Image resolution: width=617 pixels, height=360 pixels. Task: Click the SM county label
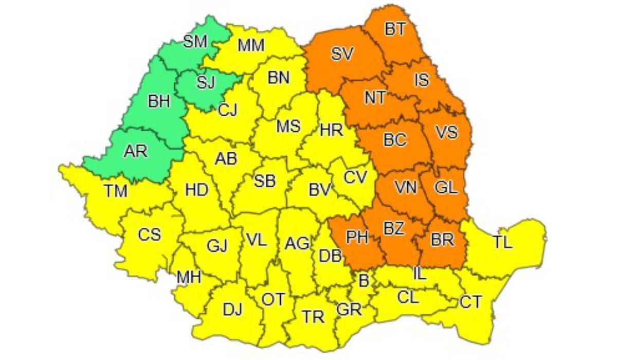pos(195,42)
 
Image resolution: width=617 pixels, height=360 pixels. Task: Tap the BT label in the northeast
pos(395,29)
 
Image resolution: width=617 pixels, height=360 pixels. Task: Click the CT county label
pos(471,302)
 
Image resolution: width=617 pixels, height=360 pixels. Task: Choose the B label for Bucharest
pos(364,281)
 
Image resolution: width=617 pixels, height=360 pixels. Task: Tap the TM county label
pos(116,192)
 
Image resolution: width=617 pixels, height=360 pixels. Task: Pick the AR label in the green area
pos(135,151)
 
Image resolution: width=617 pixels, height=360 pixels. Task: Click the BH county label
pos(158,102)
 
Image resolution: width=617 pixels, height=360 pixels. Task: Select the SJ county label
pos(206,82)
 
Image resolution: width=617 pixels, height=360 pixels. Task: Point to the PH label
pos(357,237)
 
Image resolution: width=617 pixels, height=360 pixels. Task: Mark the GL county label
pos(446,188)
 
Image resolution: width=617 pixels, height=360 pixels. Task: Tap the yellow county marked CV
pos(355,177)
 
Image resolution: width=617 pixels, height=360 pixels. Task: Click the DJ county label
pos(232,310)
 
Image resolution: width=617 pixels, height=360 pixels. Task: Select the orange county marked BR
pos(442,239)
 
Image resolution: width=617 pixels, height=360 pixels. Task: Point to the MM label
pos(251,46)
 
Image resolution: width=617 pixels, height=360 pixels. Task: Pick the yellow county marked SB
pos(265,181)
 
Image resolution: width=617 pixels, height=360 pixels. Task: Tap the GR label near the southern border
pos(349,310)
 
